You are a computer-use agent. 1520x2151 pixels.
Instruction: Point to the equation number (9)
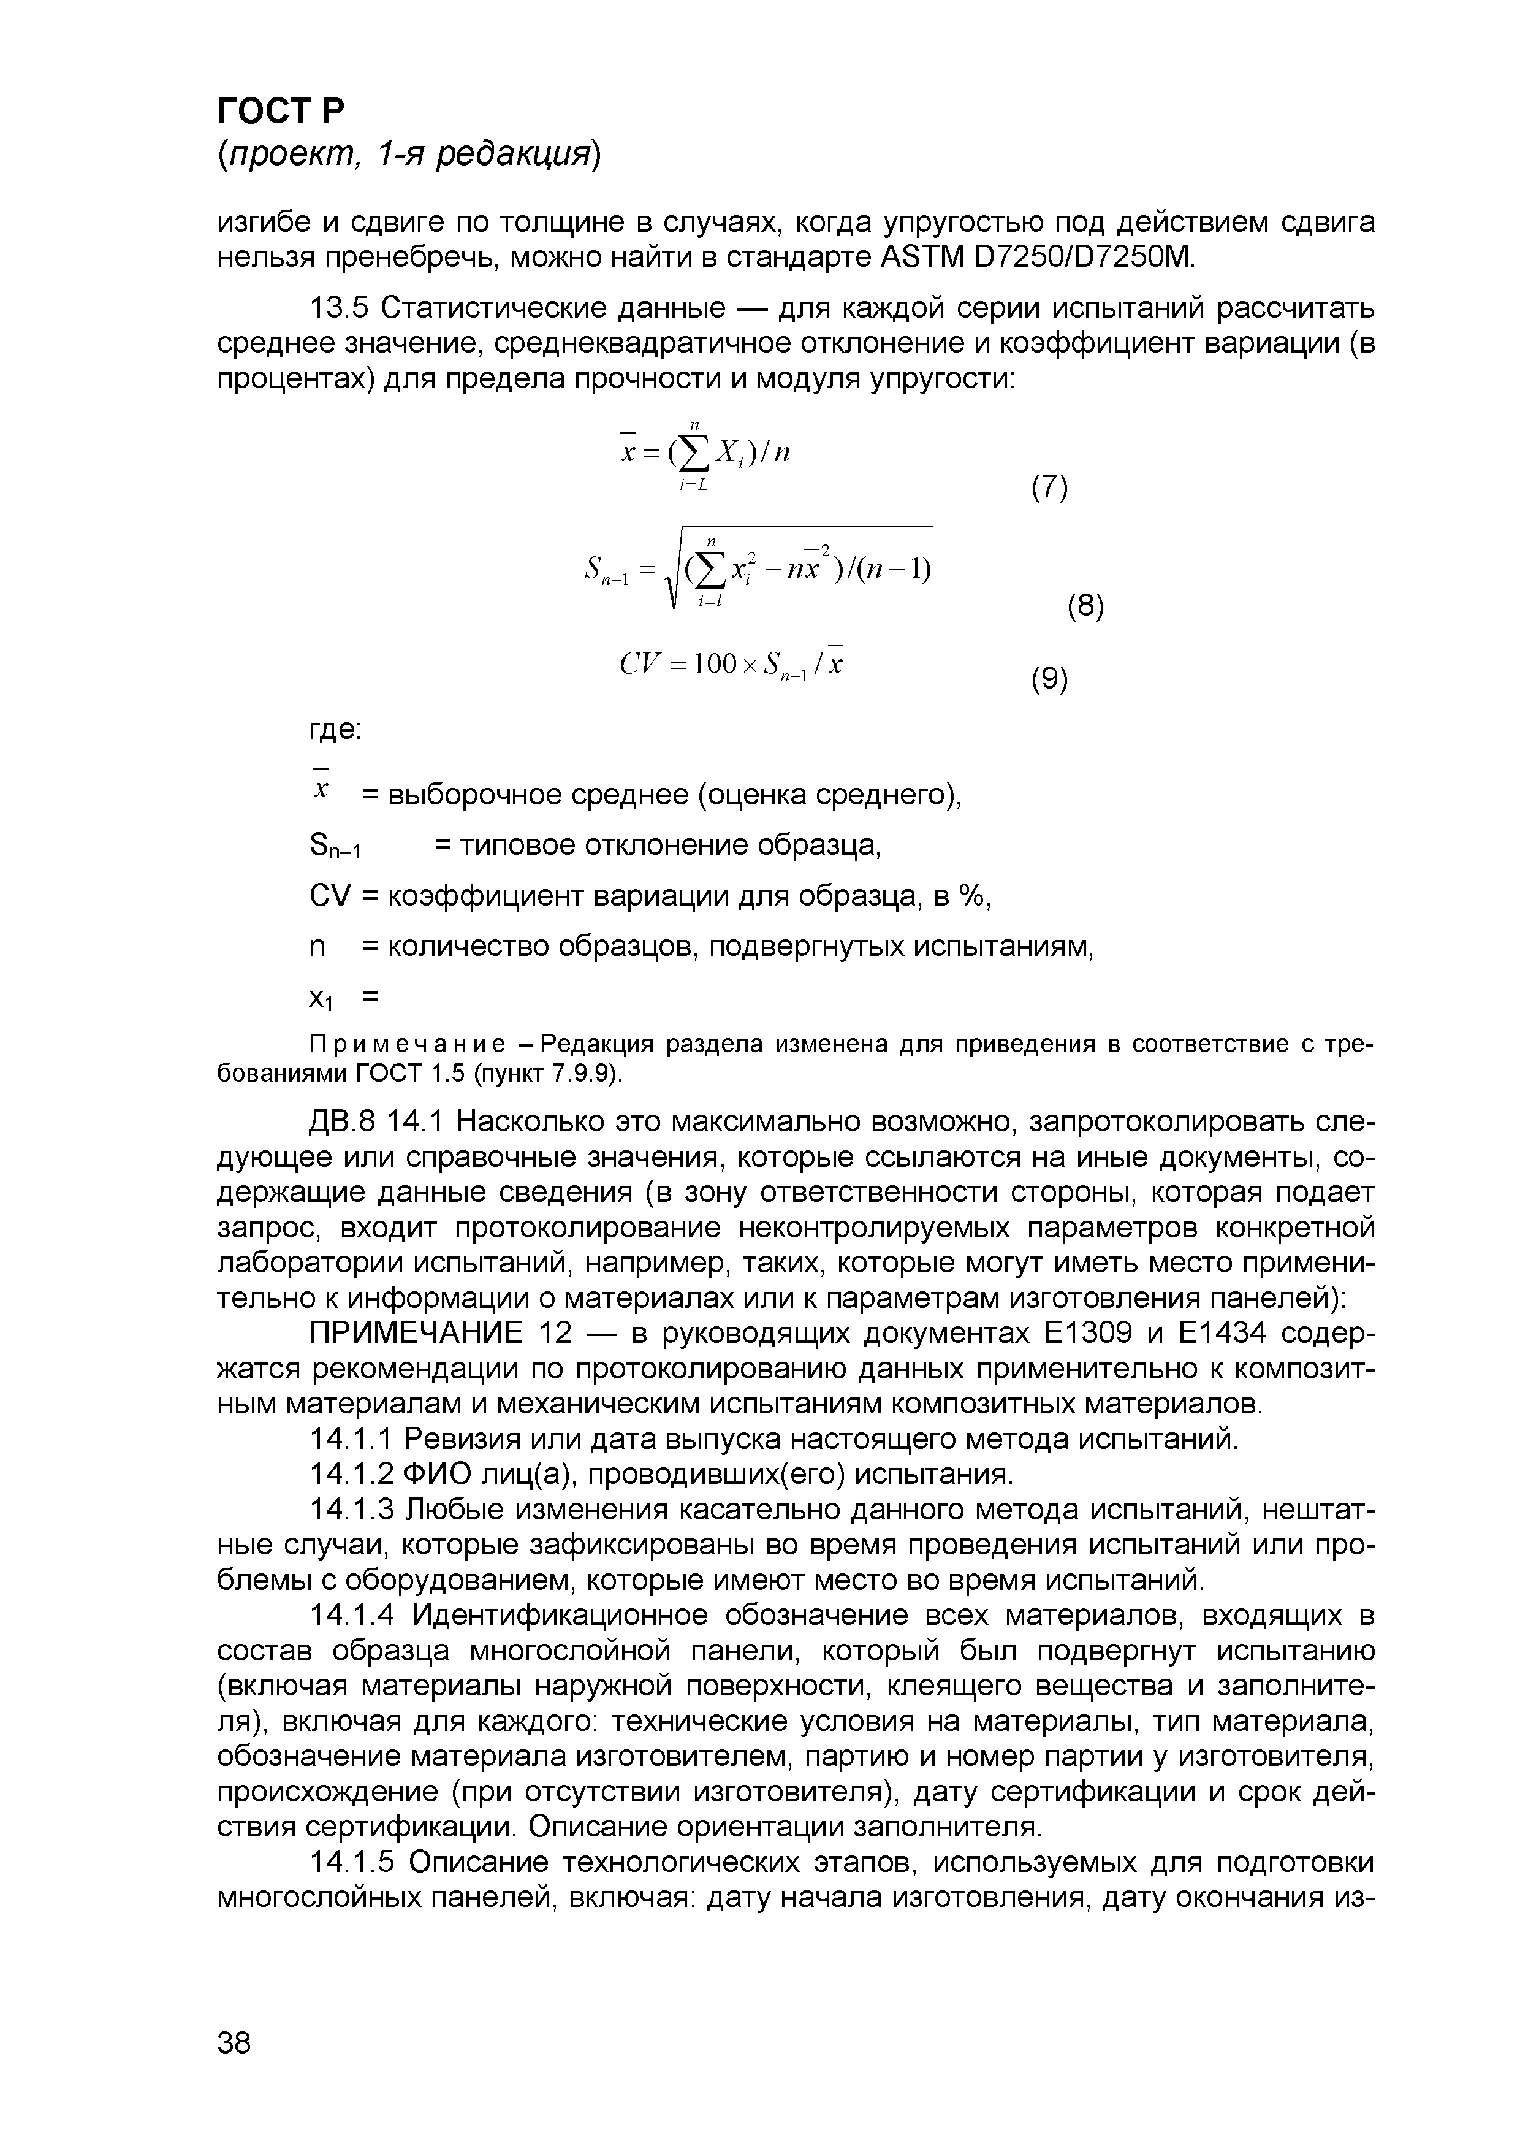1049,678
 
